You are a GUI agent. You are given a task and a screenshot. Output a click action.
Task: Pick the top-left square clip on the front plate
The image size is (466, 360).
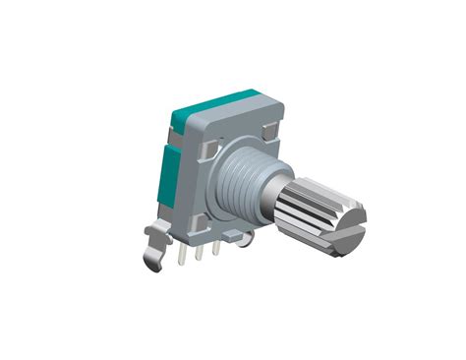point(207,149)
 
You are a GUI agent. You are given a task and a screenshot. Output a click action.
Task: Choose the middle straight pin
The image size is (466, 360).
point(200,254)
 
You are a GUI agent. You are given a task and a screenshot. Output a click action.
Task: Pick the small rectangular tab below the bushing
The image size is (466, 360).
point(233,236)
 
